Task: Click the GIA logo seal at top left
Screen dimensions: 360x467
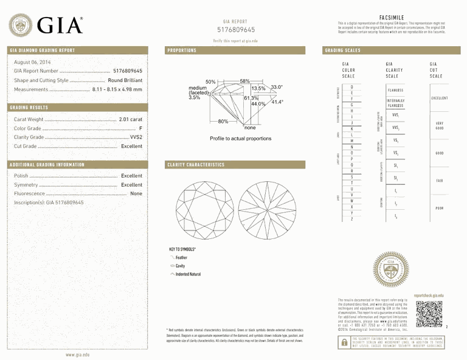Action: (22, 24)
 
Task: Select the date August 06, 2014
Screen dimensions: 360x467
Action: (32, 62)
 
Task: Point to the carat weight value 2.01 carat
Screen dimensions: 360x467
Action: (131, 119)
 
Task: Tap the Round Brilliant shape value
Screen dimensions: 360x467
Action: (125, 80)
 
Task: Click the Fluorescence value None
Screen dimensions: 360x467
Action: (136, 193)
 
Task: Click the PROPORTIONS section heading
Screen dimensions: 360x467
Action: (182, 50)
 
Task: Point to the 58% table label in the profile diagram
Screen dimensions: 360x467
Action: (244, 81)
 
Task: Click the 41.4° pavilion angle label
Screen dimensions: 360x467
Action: (277, 102)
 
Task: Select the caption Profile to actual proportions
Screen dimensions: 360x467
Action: (240, 139)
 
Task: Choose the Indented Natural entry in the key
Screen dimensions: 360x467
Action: (187, 274)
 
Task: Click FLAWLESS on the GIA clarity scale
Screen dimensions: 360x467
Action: (395, 90)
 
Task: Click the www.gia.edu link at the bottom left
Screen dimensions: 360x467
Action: (77, 354)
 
